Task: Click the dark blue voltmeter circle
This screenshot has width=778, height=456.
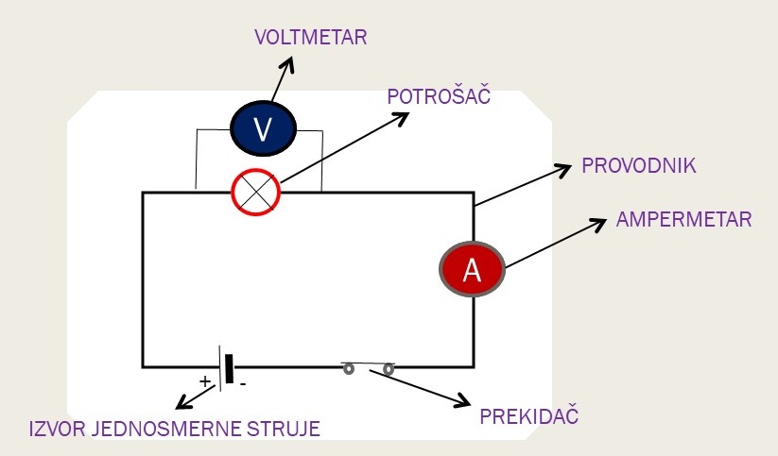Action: [x=264, y=129]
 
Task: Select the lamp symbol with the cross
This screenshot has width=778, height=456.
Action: [x=257, y=193]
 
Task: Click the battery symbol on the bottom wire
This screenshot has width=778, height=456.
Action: [x=225, y=366]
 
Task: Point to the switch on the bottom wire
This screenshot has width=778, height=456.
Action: [x=368, y=368]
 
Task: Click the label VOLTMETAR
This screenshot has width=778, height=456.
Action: [x=310, y=39]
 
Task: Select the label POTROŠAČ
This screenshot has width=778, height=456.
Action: [x=440, y=97]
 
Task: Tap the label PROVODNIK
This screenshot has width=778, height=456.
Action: [x=639, y=166]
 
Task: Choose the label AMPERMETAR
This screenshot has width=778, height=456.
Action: [x=683, y=220]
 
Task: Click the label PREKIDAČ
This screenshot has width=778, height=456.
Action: [x=528, y=416]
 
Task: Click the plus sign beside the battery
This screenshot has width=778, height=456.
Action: [x=204, y=381]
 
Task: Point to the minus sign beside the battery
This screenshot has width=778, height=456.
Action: [x=243, y=384]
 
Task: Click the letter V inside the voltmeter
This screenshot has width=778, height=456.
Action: [x=264, y=130]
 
